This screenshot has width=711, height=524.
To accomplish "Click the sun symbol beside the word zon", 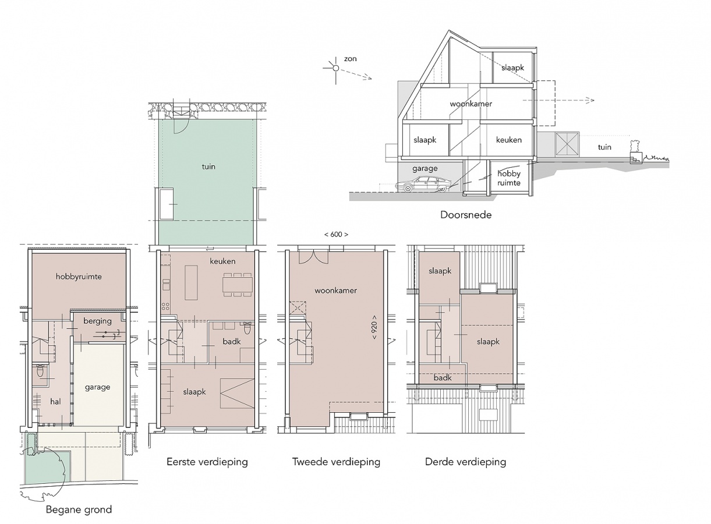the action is tap(336, 68).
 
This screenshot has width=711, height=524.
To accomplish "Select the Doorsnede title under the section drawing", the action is tap(466, 215).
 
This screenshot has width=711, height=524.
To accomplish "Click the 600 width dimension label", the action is tap(336, 235).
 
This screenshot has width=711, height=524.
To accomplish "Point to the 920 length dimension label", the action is tap(374, 327).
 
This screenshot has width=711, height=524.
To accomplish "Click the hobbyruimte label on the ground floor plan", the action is tap(79, 277).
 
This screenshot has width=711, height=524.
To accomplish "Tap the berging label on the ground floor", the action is tap(97, 321).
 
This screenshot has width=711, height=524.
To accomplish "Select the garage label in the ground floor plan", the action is tap(97, 387).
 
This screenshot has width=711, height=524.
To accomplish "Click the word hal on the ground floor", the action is tap(55, 402).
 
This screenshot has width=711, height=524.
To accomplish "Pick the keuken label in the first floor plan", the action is tap(222, 261).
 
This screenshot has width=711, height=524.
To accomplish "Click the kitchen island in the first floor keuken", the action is tap(191, 282).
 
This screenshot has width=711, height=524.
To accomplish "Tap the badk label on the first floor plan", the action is tap(232, 342).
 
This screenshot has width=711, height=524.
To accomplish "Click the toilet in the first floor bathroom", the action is tap(247, 328).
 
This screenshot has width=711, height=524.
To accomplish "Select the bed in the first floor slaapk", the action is tap(237, 393).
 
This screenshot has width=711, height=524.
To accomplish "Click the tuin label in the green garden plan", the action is tap(208, 167).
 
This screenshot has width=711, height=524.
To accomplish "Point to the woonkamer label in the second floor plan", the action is tap(336, 291).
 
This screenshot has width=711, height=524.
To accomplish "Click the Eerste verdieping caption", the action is tap(207, 462).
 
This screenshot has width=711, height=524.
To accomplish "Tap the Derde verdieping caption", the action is tap(466, 462).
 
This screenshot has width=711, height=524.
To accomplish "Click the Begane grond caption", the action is tap(79, 509).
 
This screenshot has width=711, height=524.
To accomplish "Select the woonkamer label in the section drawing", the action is tap(471, 104).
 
